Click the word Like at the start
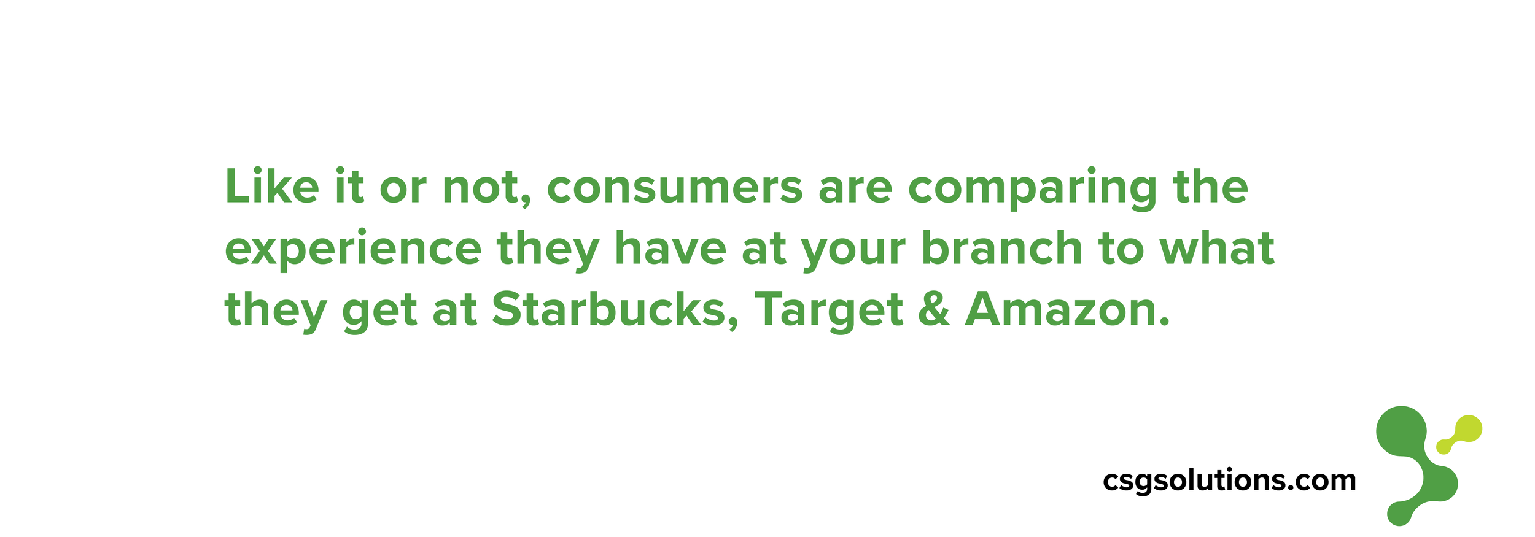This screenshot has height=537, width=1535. click(272, 186)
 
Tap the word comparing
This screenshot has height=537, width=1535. click(1032, 189)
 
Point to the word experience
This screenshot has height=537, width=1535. click(353, 250)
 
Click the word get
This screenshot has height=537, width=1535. click(379, 313)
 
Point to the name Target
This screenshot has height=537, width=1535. click(829, 311)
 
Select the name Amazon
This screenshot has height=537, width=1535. click(1067, 309)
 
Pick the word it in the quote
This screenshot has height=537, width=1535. click(349, 186)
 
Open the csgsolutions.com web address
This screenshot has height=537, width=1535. click(1229, 481)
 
